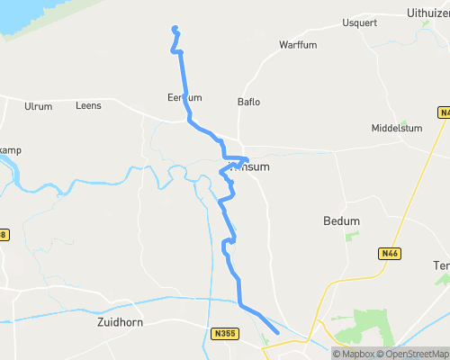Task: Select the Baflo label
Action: pos(248,102)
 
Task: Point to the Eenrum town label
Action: pos(184,97)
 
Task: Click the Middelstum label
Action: pos(396,129)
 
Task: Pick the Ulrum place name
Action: pos(38,106)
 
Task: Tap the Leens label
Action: pos(89,106)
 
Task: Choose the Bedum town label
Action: pos(341,220)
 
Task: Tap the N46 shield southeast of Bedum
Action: pos(389,255)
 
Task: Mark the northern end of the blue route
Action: pos(175,29)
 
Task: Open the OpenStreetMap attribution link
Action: pos(415,353)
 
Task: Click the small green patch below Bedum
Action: pos(351,236)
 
